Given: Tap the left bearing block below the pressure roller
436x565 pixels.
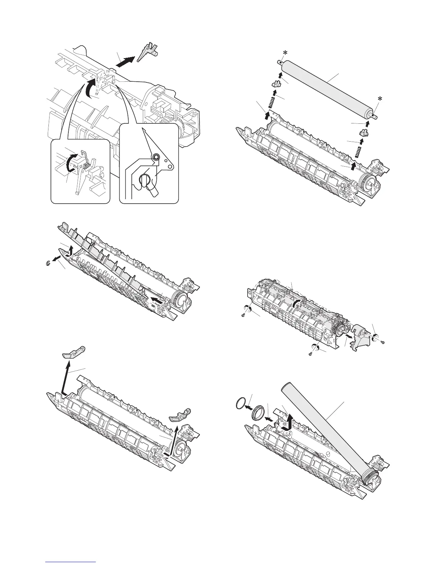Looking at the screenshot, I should [275, 84].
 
